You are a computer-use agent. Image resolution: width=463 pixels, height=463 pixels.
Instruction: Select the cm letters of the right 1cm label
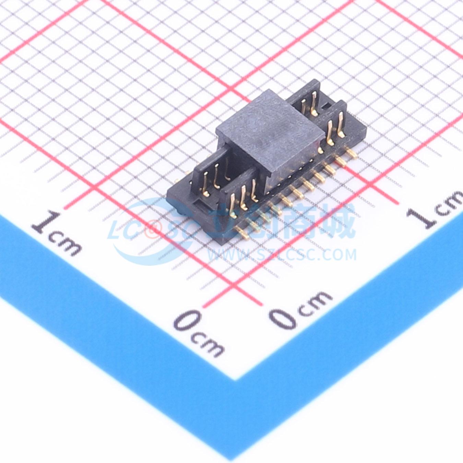pyautogui.click(x=449, y=203)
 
